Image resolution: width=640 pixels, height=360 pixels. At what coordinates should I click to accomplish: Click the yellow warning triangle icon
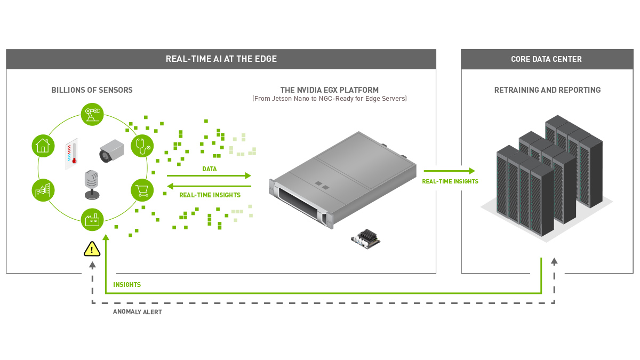tap(92, 249)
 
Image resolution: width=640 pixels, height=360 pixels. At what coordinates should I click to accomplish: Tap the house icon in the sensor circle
tap(42, 145)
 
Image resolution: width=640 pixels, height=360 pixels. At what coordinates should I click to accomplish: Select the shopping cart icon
tap(142, 189)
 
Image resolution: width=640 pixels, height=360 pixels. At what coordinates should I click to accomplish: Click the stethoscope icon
tap(142, 145)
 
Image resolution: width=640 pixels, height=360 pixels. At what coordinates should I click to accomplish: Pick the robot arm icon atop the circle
tap(92, 114)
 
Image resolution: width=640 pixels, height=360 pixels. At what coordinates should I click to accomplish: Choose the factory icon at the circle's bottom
tap(92, 219)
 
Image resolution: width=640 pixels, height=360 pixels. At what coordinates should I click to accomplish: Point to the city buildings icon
tap(42, 189)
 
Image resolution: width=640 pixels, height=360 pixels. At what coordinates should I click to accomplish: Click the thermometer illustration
tap(72, 155)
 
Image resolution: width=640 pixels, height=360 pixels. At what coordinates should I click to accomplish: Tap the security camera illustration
tap(111, 151)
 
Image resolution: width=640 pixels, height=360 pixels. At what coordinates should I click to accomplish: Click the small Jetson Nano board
tap(366, 238)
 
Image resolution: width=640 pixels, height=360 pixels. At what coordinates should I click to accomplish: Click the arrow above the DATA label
tap(209, 175)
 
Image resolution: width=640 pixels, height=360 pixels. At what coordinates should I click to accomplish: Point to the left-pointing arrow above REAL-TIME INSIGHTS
tap(209, 186)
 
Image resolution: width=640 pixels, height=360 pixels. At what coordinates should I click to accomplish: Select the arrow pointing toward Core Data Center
tap(449, 171)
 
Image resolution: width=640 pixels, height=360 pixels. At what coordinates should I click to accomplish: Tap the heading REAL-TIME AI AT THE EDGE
tap(221, 59)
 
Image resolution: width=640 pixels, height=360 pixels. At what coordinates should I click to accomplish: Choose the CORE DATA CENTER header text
tap(546, 59)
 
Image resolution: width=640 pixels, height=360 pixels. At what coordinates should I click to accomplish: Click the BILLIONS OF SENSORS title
tap(92, 90)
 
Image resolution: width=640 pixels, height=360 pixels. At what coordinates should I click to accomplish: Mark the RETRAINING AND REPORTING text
tap(547, 90)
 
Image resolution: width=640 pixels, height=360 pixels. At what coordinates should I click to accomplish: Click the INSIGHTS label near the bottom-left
tap(127, 285)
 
